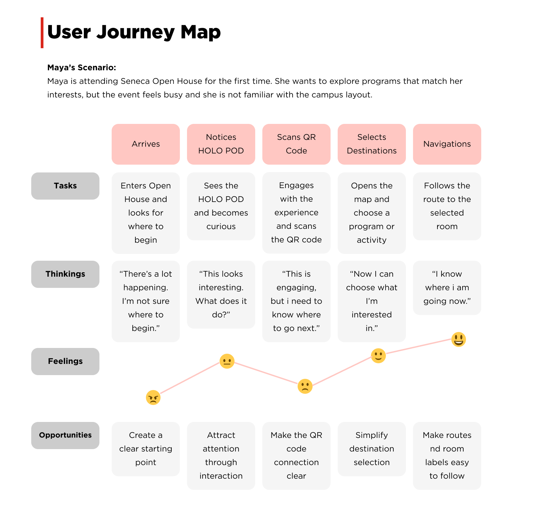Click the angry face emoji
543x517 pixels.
(x=153, y=398)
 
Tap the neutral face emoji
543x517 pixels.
(x=227, y=361)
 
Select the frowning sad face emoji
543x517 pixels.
(x=305, y=386)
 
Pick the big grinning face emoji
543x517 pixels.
(x=458, y=339)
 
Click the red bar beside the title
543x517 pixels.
(x=42, y=33)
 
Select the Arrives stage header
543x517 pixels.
(x=146, y=144)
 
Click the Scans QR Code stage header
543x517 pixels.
(x=296, y=144)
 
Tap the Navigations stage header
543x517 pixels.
(x=447, y=144)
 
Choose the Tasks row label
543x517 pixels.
(x=65, y=186)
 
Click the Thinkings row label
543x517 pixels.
(x=65, y=274)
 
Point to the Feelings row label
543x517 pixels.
(x=65, y=361)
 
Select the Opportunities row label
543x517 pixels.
(x=65, y=435)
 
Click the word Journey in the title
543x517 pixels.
(x=135, y=33)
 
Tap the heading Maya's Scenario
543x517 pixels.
(x=81, y=68)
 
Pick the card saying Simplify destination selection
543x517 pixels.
(x=372, y=449)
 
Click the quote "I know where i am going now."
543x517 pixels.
(x=447, y=288)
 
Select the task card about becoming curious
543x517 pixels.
(x=221, y=206)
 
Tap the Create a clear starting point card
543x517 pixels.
(x=146, y=449)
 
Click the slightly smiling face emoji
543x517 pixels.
(x=378, y=356)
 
